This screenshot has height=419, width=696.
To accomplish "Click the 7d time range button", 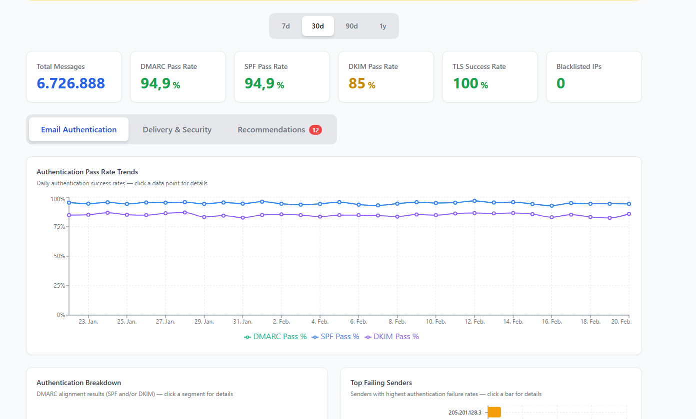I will (x=286, y=26).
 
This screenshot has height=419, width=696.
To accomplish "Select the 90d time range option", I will (x=351, y=26).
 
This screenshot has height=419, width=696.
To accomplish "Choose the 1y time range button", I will (x=383, y=26).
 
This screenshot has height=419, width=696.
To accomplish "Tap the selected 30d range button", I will (x=317, y=26).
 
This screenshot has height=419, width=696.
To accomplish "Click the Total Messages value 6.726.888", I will (x=70, y=83).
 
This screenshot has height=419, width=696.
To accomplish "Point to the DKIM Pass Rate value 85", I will (x=357, y=83).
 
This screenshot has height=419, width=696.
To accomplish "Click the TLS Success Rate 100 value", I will (x=465, y=83).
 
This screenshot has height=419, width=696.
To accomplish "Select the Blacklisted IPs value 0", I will (x=560, y=83).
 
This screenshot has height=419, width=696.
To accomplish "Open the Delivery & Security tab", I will (x=177, y=130).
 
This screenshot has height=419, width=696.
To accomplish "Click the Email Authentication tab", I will (x=78, y=130).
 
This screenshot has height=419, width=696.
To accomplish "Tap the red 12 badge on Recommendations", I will (x=315, y=130).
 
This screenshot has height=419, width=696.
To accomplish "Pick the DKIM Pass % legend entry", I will (x=391, y=337).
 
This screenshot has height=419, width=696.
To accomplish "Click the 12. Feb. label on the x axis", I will (x=474, y=322).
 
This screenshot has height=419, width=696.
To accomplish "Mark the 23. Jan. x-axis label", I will (x=88, y=322).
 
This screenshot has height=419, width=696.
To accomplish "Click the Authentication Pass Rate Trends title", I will (x=87, y=172).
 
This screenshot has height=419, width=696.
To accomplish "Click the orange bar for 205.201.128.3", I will (x=494, y=413).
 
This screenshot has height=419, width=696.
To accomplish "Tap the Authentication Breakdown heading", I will (x=78, y=383).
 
